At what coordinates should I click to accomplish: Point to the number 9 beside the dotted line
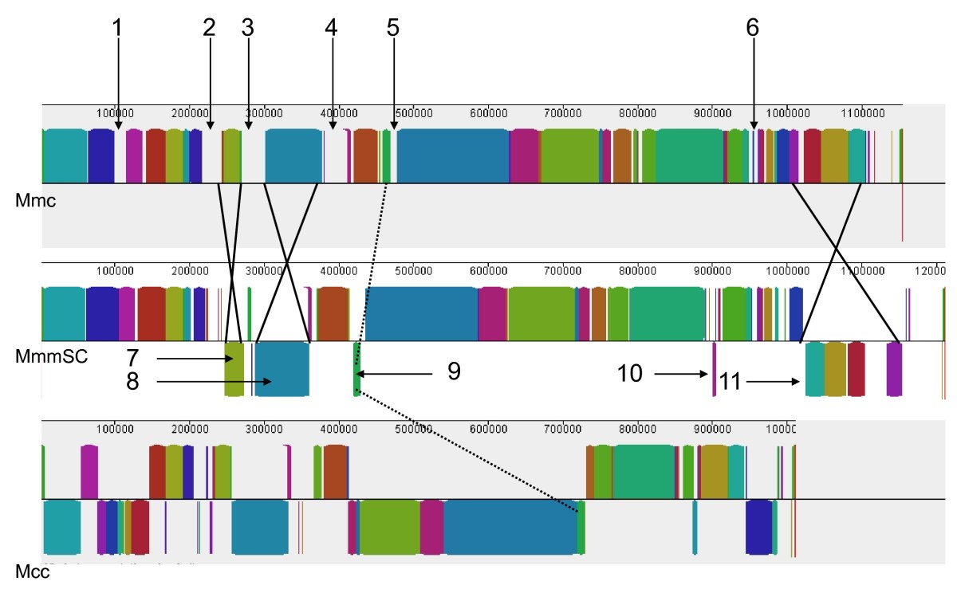click(x=453, y=371)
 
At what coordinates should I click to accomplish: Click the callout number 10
click(x=630, y=373)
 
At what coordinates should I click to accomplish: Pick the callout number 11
click(x=730, y=382)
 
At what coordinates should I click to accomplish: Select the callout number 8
click(x=133, y=382)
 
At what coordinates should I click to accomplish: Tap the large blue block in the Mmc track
click(x=453, y=155)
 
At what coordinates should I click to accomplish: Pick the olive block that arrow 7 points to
click(x=234, y=369)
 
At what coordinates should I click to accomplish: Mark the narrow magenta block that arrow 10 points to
click(x=714, y=368)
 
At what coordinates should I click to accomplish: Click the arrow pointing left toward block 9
click(x=395, y=372)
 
